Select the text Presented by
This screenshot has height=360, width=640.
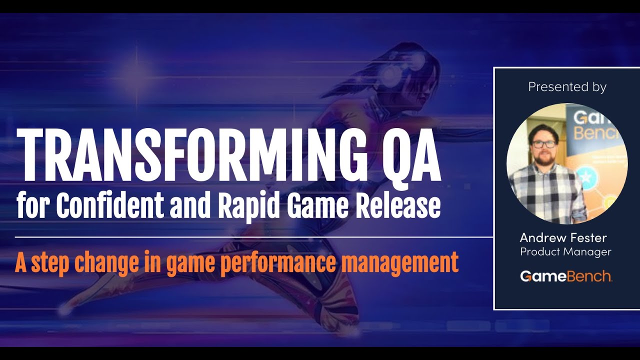coord(567,86)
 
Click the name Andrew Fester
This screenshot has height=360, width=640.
coord(563,237)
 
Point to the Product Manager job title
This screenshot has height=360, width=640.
coord(565,252)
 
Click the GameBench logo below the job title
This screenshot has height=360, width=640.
coord(566,276)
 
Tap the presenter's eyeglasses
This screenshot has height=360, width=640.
coord(543,144)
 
